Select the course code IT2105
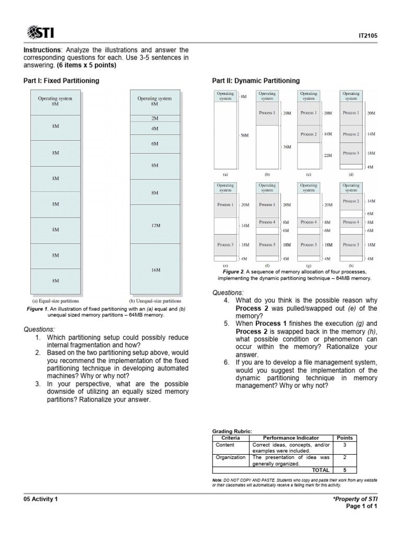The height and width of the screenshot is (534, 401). [x=368, y=36]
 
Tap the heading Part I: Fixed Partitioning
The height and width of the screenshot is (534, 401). [x=61, y=81]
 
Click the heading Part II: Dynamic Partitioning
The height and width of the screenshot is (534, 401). [x=256, y=81]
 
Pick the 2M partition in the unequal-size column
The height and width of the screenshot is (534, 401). [x=155, y=118]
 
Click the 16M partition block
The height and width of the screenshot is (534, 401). [x=155, y=270]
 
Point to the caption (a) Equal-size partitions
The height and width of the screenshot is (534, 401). [x=56, y=301]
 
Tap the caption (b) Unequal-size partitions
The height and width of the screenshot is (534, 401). [x=155, y=301]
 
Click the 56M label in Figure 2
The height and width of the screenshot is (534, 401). [x=244, y=136]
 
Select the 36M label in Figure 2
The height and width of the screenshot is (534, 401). [x=287, y=147]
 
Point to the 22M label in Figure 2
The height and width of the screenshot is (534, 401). [x=328, y=155]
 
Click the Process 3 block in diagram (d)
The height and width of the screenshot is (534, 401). [x=351, y=153]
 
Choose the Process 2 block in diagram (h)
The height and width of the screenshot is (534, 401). [x=351, y=201]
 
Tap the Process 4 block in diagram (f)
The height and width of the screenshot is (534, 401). [x=267, y=222]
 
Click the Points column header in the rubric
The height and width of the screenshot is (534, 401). [x=345, y=438]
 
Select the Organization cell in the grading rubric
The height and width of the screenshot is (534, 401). [x=230, y=457]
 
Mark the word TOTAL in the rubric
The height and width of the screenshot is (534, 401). [x=321, y=470]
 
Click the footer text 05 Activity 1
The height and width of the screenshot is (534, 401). [x=41, y=499]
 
